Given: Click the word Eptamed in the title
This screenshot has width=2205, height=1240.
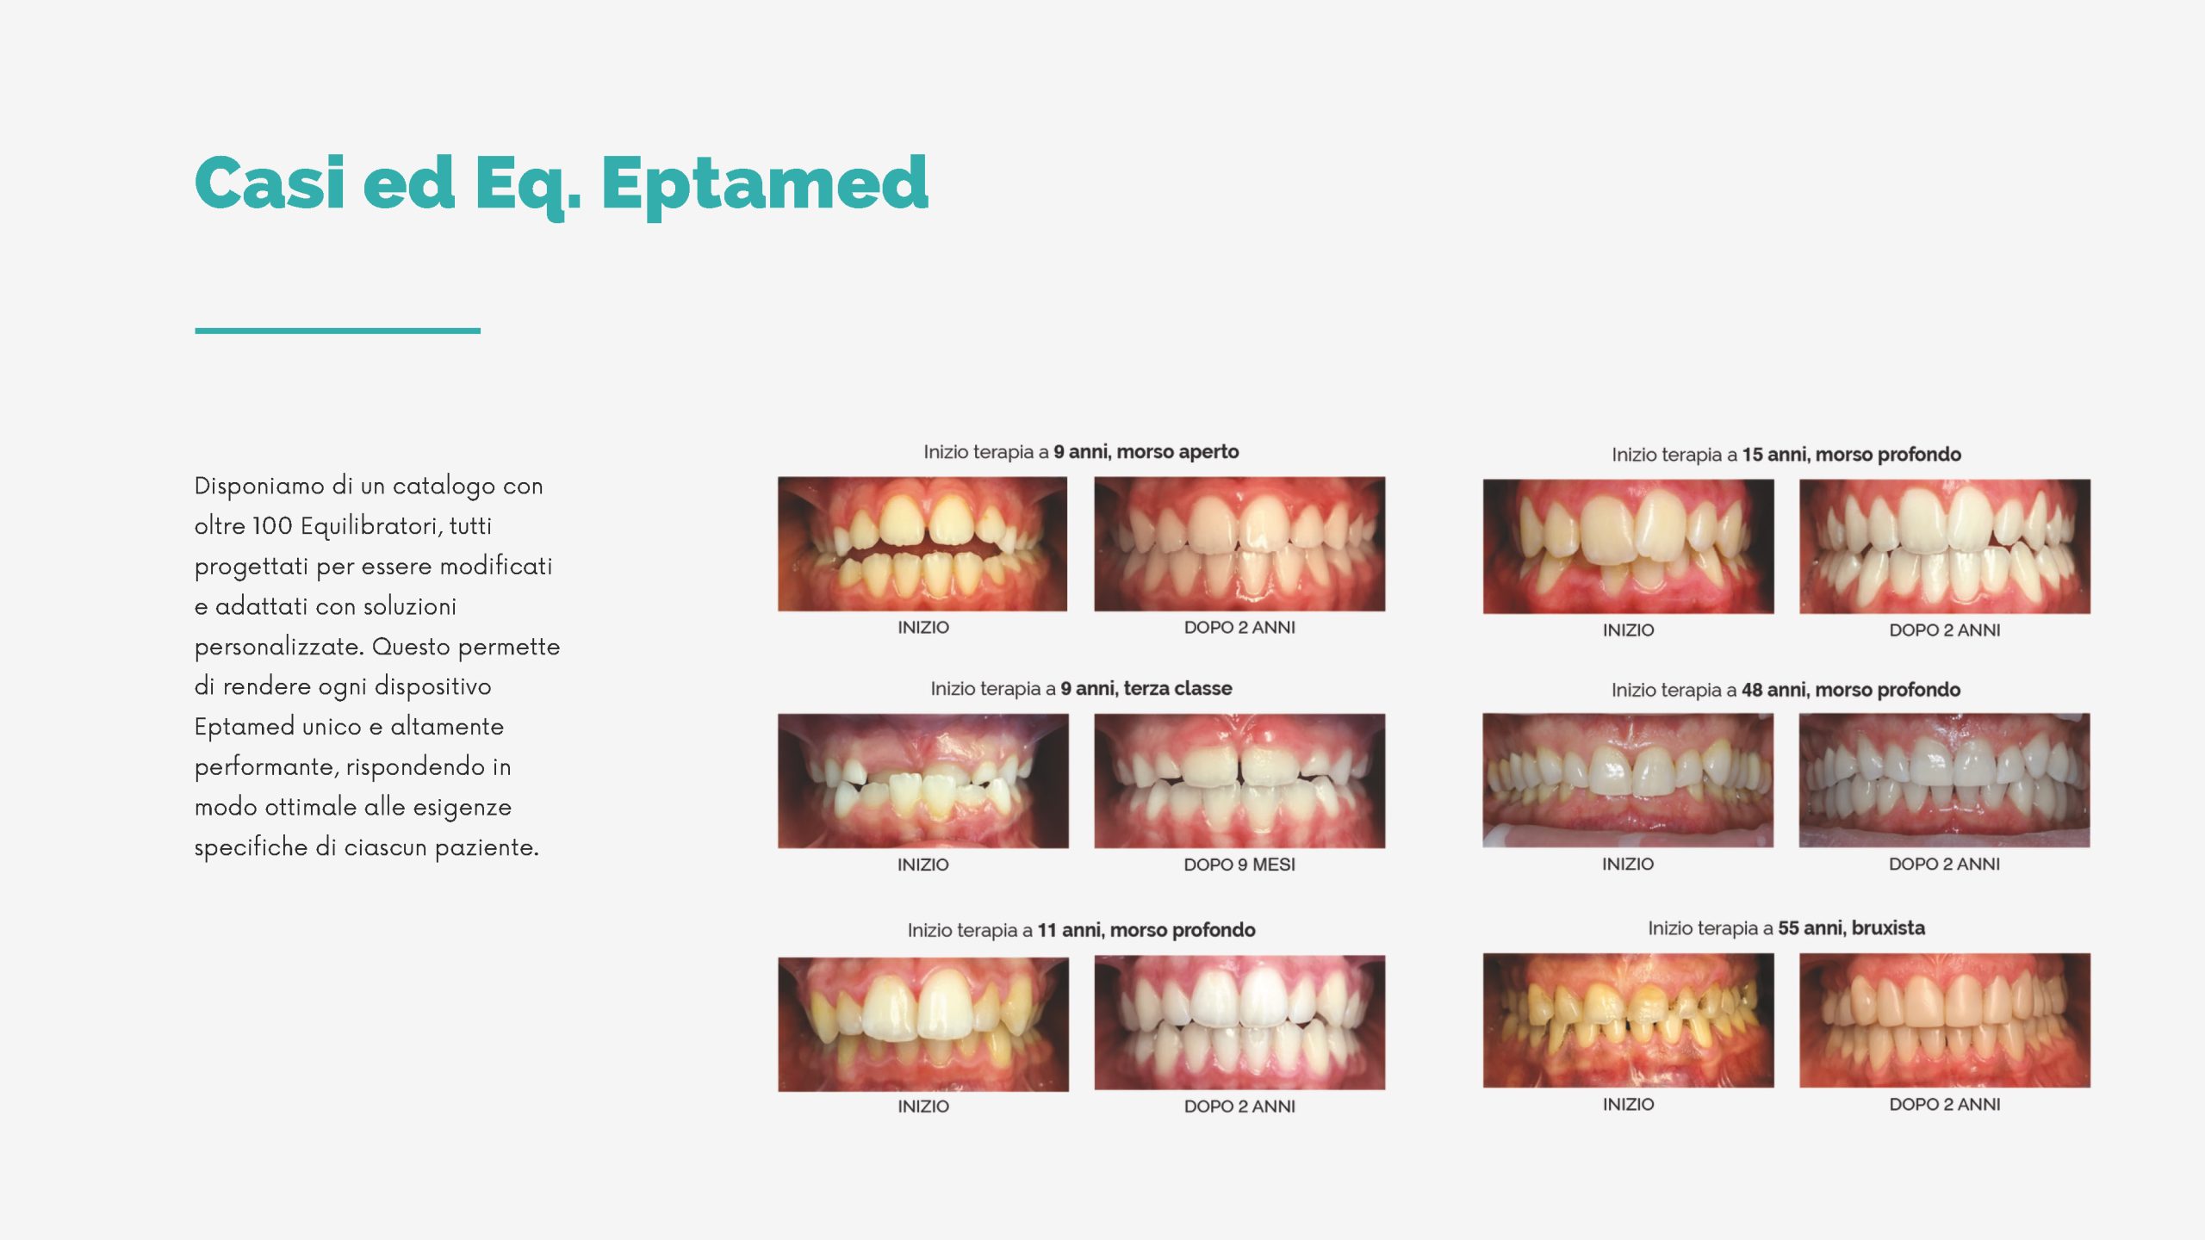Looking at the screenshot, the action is click(765, 184).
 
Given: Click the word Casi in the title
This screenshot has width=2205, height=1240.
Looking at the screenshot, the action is click(270, 183).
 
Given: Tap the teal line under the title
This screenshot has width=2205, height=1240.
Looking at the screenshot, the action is click(338, 331).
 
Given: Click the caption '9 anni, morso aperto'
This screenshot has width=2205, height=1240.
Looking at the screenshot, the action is click(1146, 452).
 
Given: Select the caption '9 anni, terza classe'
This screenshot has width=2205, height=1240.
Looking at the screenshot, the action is click(1146, 689).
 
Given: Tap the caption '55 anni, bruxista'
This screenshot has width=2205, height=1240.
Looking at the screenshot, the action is click(1851, 928).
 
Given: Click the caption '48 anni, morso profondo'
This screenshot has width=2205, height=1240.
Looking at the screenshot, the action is click(1850, 691).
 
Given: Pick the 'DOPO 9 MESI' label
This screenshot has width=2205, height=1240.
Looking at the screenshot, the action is click(1239, 865).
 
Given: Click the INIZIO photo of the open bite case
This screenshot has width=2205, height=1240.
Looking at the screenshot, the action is click(922, 544).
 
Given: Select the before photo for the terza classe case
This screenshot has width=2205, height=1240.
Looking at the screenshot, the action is click(923, 781).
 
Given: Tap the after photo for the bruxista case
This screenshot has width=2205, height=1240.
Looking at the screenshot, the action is click(1945, 1020).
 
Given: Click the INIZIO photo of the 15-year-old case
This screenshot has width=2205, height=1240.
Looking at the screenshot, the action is click(1629, 547).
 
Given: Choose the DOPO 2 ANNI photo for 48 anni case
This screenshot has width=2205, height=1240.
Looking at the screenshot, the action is click(1944, 780).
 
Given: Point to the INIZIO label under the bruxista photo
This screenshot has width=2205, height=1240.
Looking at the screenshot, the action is click(1628, 1105).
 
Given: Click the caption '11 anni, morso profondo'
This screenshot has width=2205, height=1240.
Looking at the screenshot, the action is click(1146, 931).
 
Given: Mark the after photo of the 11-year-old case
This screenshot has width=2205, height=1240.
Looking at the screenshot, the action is click(1239, 1023).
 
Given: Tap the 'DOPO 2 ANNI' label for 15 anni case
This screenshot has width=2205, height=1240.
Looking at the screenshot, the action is click(1945, 630).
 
